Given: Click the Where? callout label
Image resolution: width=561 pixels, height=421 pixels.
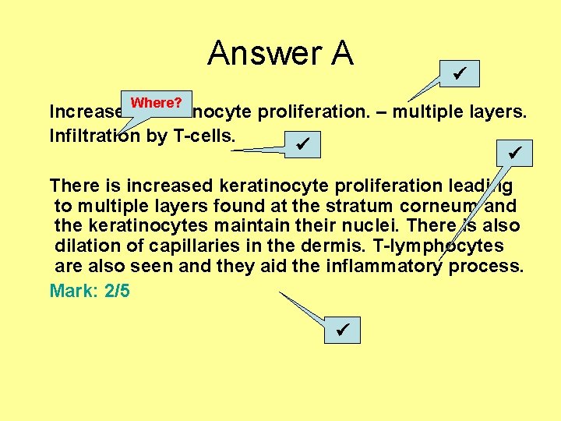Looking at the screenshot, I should tap(157, 103).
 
